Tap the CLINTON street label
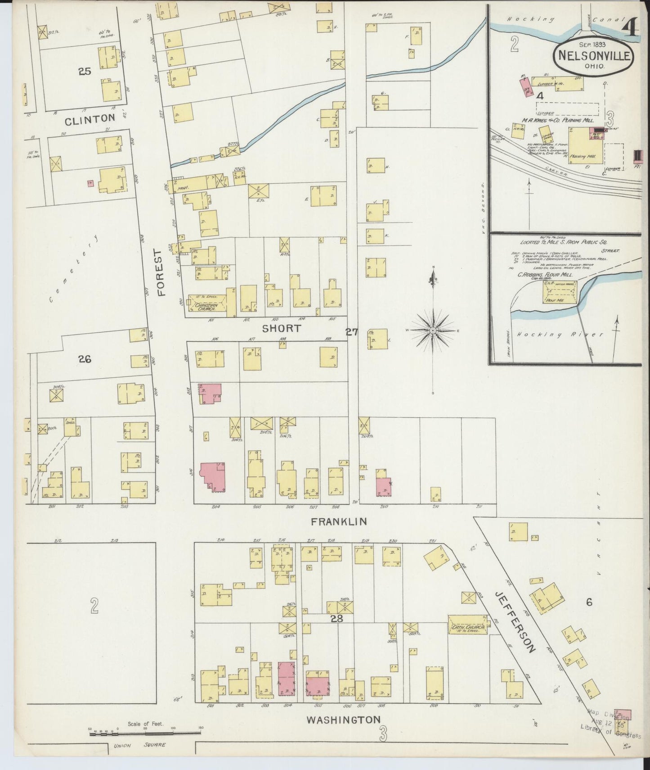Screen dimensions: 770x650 (x=90, y=119)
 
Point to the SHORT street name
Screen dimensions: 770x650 (x=282, y=328)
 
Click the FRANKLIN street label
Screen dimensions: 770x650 (x=339, y=521)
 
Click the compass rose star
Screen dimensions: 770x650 (x=432, y=331)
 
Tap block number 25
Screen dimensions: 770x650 (x=85, y=71)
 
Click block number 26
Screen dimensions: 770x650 (x=85, y=359)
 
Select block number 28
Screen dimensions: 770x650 (x=336, y=619)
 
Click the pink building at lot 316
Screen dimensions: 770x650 (x=212, y=475)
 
